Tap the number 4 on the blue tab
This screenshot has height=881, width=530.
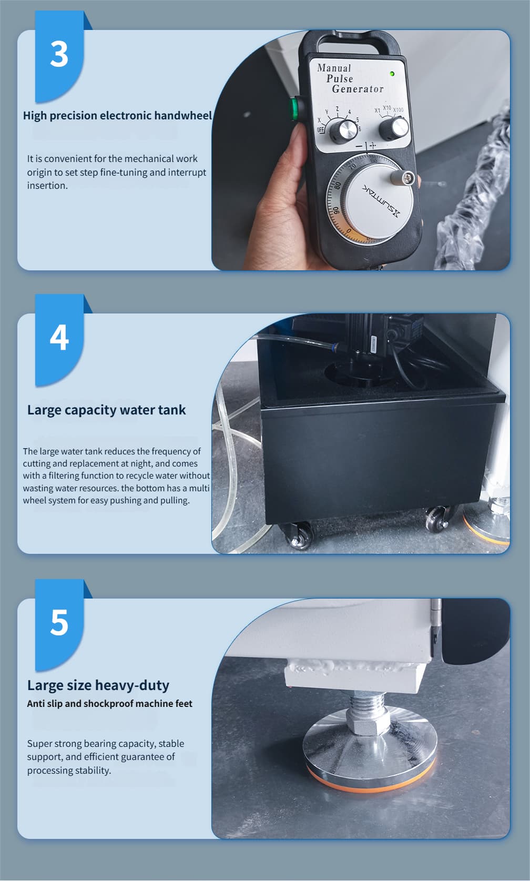pyautogui.click(x=59, y=338)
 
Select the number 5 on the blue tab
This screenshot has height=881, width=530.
pyautogui.click(x=59, y=622)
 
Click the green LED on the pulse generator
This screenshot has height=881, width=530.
pyautogui.click(x=392, y=74)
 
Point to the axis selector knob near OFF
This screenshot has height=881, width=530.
pyautogui.click(x=343, y=131)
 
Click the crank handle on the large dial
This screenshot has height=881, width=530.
pyautogui.click(x=403, y=177)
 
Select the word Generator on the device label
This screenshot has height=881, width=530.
pyautogui.click(x=358, y=89)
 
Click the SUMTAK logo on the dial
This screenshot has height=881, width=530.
pyautogui.click(x=381, y=200)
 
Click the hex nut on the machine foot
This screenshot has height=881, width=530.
pyautogui.click(x=369, y=720)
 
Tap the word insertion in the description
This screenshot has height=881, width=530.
pyautogui.click(x=47, y=186)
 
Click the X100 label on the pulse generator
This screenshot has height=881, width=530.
pyautogui.click(x=398, y=110)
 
